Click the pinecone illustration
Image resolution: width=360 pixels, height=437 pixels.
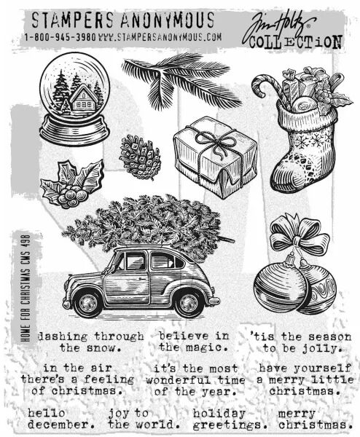(x=140, y=157)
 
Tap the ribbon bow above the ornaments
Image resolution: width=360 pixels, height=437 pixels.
(x=300, y=236)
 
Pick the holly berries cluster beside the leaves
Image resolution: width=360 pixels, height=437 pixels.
(x=72, y=196)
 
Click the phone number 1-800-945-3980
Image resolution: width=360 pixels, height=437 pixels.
(x=60, y=37)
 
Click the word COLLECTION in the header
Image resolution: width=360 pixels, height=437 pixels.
(x=296, y=42)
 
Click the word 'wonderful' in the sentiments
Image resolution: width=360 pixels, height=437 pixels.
(x=179, y=380)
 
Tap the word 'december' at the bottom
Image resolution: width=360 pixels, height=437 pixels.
(x=60, y=425)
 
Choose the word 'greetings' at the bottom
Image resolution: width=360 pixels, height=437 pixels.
(x=230, y=425)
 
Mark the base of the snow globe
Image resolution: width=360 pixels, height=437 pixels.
(x=74, y=130)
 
